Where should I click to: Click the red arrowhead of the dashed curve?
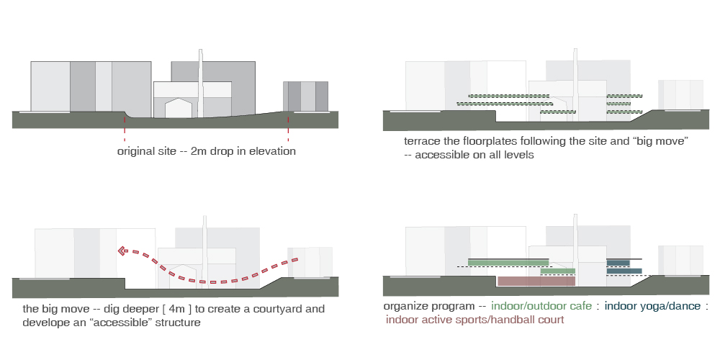tap(123, 251)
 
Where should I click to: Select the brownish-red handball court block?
tap(536, 282)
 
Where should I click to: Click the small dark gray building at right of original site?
tap(305, 96)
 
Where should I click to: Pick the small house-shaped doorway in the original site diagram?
tap(179, 109)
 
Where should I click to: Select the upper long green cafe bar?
tap(508, 262)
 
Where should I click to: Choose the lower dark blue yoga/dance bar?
tap(624, 271)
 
